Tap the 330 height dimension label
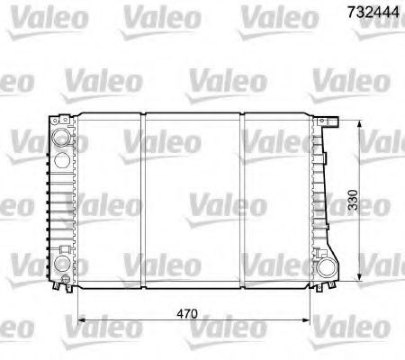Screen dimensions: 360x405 [x=356, y=202]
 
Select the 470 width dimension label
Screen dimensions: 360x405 [x=186, y=315]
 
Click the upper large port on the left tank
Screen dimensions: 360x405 [x=60, y=139]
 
